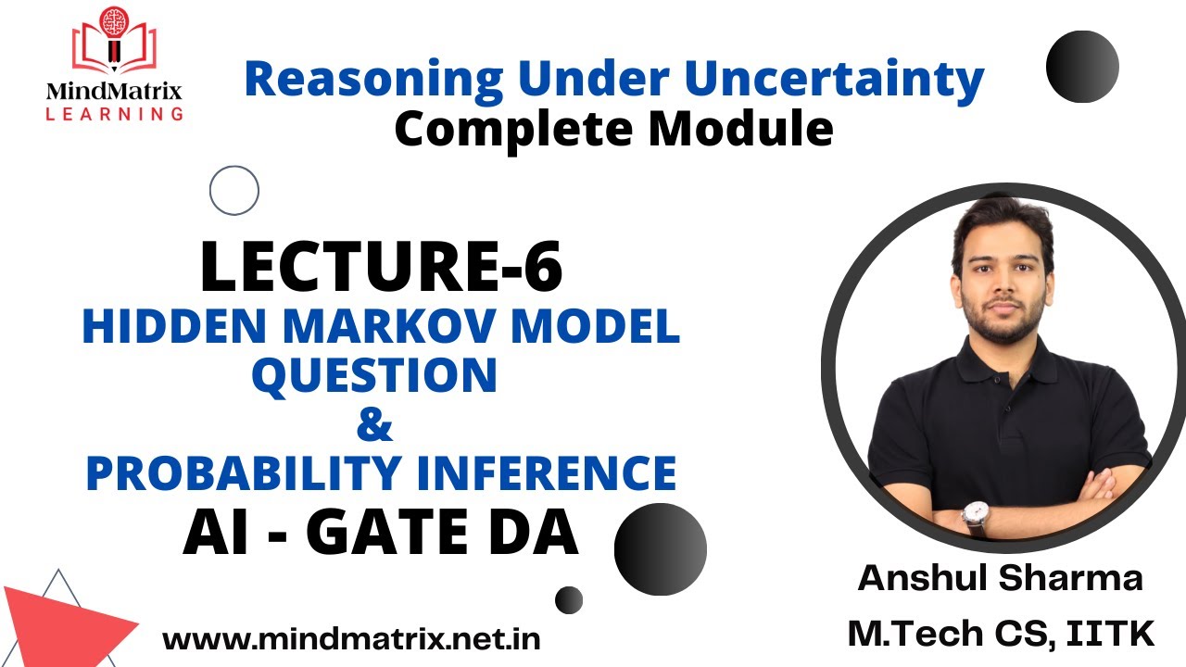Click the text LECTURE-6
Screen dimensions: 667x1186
(381, 267)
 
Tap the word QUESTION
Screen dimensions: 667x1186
(375, 375)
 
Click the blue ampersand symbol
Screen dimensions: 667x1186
(374, 426)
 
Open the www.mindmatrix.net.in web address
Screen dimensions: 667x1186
(351, 638)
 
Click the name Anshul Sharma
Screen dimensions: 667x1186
(1001, 579)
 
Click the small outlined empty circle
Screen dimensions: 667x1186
(233, 191)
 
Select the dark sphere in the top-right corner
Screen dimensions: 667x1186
(1081, 66)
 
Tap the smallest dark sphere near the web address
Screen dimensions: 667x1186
(569, 599)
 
